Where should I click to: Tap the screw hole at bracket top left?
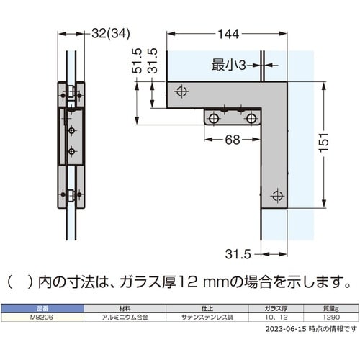tap(181, 91)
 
